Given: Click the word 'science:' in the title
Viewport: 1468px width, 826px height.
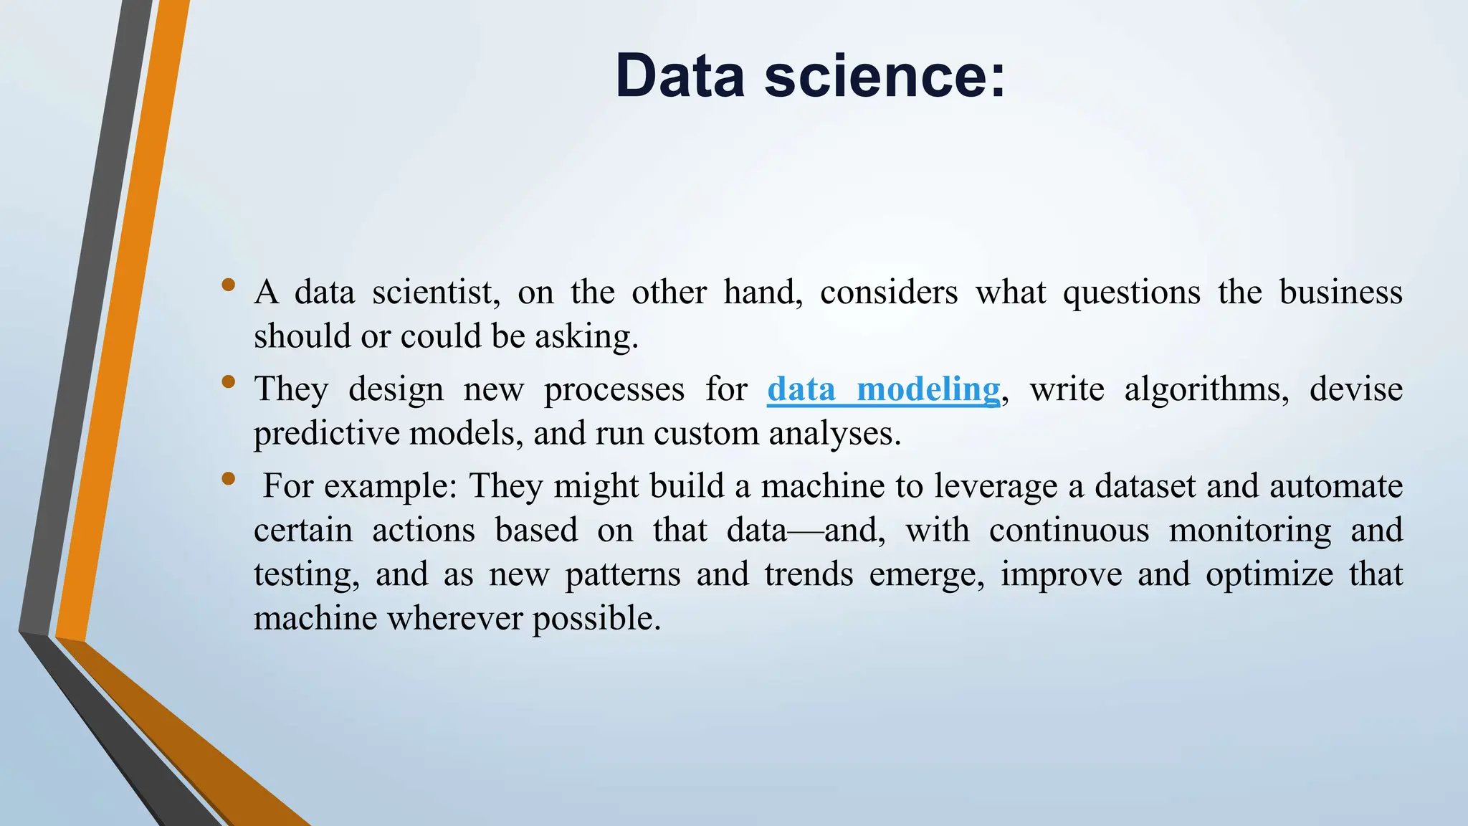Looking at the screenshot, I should (x=885, y=76).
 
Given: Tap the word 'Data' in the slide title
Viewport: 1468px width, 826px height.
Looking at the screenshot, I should (x=680, y=76).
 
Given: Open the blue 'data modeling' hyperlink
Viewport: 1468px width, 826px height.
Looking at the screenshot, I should (x=883, y=389).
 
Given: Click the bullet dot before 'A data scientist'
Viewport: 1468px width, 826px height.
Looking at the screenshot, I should (x=229, y=285).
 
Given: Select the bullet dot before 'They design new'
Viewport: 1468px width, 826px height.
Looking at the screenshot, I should (x=229, y=381).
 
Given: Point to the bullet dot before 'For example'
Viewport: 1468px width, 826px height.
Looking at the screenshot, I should (x=229, y=478).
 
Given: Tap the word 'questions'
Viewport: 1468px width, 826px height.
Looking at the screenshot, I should (x=1131, y=293).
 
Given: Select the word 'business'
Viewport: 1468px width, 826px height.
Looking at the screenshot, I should (x=1340, y=293).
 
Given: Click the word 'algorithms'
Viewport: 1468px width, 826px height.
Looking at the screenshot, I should (x=1206, y=389).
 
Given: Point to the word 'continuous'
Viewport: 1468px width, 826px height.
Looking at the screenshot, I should (x=1069, y=531).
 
